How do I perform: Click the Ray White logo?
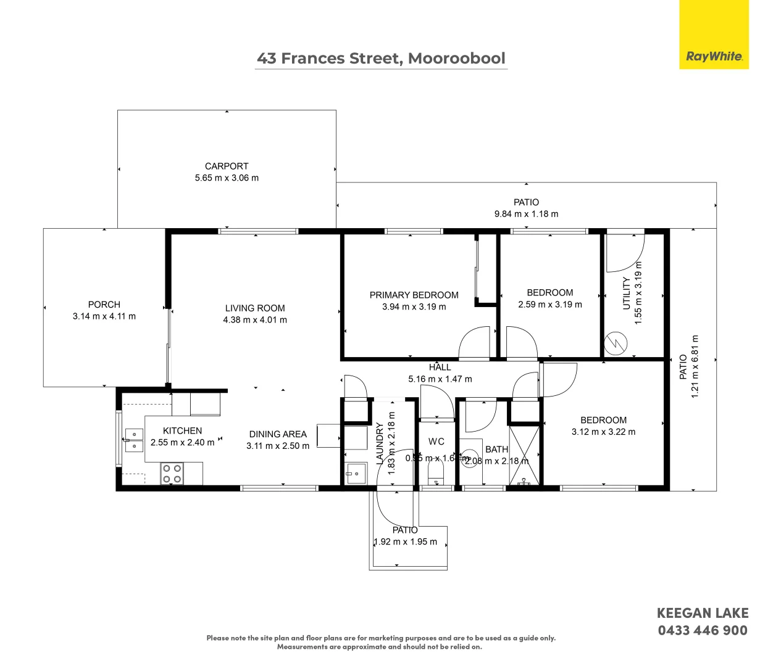point(714,56)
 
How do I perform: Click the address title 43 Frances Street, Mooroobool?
point(381,59)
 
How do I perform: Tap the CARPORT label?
point(227,166)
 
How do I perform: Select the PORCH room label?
point(104,304)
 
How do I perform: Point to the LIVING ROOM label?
point(255,308)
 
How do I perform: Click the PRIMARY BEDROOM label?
point(414,295)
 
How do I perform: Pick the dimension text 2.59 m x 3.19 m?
point(549,304)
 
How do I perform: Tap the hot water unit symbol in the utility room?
point(614,343)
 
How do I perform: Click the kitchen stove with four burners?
point(172,474)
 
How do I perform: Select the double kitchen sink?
point(134,440)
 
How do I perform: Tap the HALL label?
point(440,367)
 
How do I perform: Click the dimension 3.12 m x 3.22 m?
point(603,432)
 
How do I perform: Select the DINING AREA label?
point(278,434)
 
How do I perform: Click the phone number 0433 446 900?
point(703,630)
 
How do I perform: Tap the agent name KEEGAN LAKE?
point(703,613)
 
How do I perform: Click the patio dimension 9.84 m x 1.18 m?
point(526,214)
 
